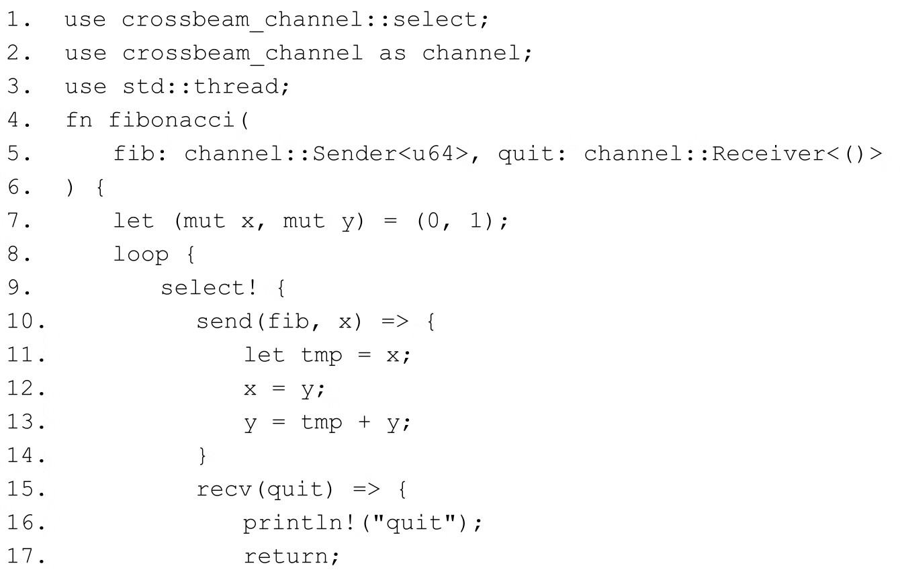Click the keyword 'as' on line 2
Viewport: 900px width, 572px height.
pos(392,53)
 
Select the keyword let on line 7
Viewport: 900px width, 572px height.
pos(133,221)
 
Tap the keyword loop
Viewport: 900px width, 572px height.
pos(140,254)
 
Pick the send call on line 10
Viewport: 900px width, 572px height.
pos(223,322)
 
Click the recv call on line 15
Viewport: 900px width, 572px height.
pos(223,489)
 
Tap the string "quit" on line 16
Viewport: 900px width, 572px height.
pos(421,523)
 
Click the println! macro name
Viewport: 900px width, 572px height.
pos(294,523)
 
